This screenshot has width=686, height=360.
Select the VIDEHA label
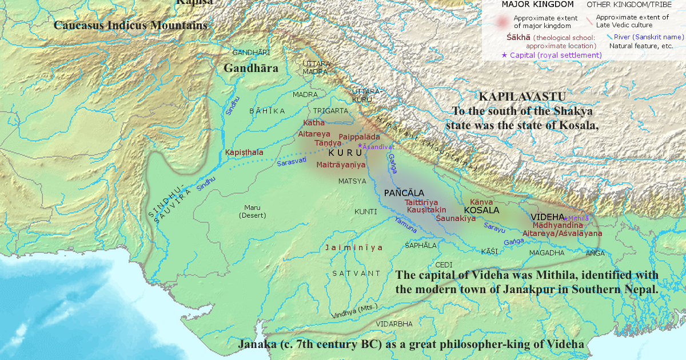(547, 217)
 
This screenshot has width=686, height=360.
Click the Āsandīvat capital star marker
(360, 146)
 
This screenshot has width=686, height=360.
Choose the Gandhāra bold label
(250, 68)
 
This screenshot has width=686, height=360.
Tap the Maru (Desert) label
(248, 211)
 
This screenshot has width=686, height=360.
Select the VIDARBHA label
(394, 324)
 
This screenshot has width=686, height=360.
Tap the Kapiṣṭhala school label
(244, 153)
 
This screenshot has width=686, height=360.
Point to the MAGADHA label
(547, 253)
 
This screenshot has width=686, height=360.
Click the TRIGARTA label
(330, 110)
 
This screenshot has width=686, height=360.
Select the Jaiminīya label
(353, 248)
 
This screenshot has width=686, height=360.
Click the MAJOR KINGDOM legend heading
(529, 5)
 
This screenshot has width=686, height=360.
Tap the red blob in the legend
(501, 21)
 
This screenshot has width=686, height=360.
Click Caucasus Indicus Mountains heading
(130, 25)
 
